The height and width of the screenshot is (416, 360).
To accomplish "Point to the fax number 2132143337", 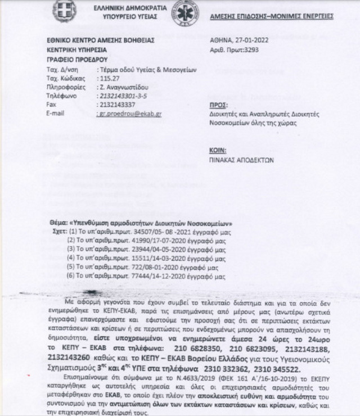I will point(119,105).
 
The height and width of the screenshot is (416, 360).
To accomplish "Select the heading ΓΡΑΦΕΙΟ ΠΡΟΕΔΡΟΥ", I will point(73,58).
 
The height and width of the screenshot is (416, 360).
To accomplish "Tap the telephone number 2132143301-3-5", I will point(125,96).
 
